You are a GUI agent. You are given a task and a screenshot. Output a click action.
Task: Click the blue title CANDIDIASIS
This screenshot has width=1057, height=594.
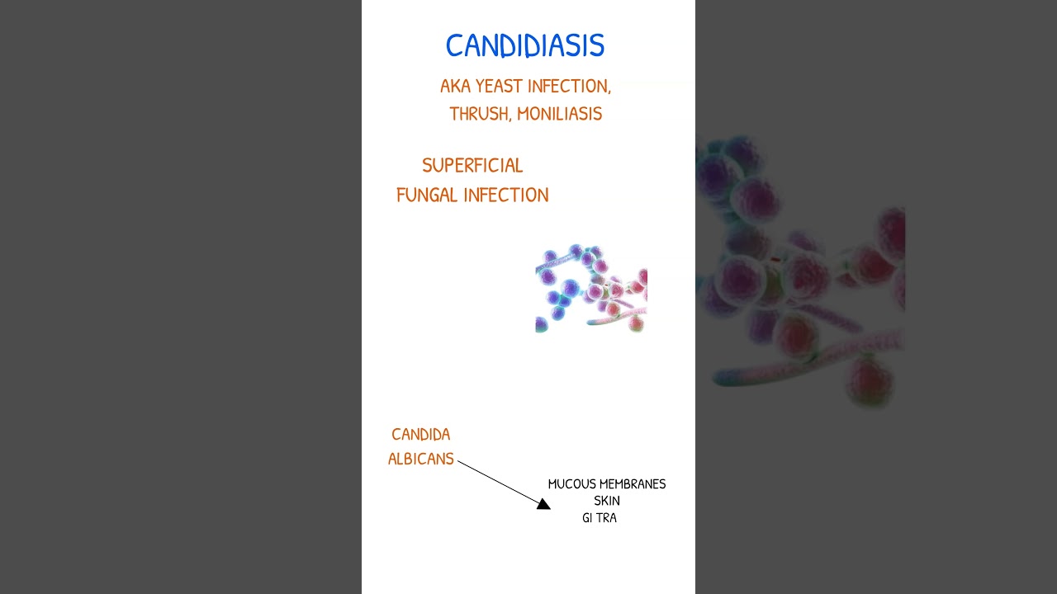coord(525,46)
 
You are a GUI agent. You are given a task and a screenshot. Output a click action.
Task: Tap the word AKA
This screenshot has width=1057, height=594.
coord(455,87)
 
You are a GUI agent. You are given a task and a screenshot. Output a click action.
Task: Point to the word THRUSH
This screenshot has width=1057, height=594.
coord(478,114)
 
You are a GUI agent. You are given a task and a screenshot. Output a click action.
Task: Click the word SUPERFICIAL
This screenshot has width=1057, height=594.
coord(472,166)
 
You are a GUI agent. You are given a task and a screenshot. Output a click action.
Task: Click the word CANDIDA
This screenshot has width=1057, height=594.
coord(421,435)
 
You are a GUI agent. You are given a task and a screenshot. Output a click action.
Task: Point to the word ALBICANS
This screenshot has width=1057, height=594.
coord(421,460)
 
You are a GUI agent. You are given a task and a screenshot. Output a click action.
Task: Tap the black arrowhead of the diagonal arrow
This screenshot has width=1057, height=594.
coord(543,503)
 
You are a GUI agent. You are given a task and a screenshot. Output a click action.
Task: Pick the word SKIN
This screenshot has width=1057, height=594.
coord(607,501)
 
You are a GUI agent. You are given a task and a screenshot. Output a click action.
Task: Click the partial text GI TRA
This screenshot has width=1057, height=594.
coord(600,518)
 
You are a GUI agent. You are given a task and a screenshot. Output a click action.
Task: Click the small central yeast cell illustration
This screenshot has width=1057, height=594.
coord(591,288)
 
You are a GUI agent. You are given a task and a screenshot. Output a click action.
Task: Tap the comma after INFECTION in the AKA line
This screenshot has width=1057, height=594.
coord(609,91)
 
